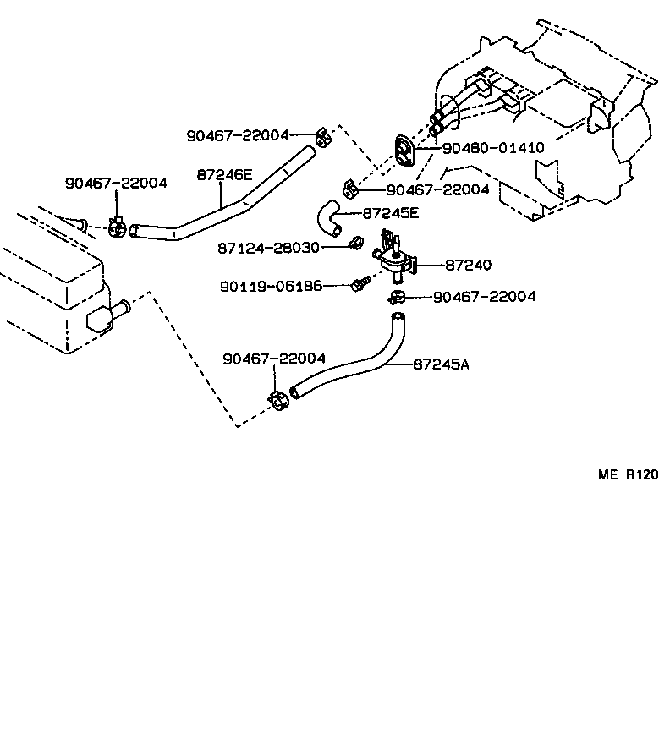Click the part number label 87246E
224,175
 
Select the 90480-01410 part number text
492,147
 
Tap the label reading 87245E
390,214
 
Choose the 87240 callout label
468,265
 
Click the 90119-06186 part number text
271,286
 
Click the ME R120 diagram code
628,475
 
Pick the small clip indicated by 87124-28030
356,246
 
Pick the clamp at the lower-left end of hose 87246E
118,227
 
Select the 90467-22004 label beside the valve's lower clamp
484,297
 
